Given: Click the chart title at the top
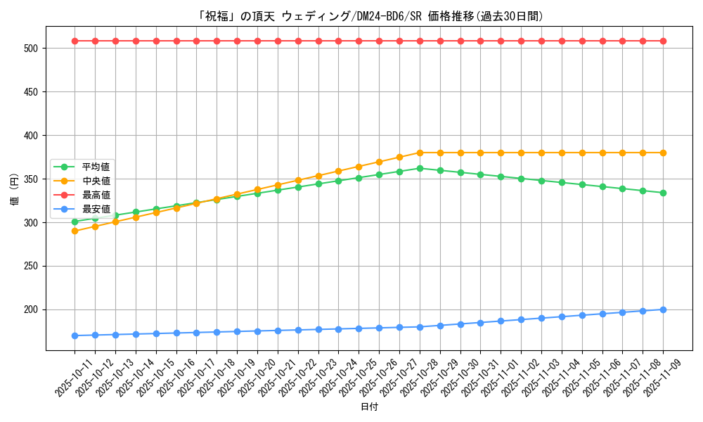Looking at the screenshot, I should [351, 16].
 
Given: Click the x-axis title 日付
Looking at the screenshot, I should [369, 407].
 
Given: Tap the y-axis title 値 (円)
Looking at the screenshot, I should [15, 190].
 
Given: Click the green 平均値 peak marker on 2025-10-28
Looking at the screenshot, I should [420, 168].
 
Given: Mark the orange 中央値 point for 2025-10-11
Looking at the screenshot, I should [75, 231].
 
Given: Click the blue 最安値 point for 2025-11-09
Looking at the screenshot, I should [663, 309].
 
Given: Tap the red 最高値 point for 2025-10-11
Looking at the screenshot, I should [75, 41].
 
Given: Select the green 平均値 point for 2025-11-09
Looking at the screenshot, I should [663, 193].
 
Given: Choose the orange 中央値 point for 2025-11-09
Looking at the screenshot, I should [663, 153].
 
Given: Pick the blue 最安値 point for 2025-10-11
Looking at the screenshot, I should [75, 335].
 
